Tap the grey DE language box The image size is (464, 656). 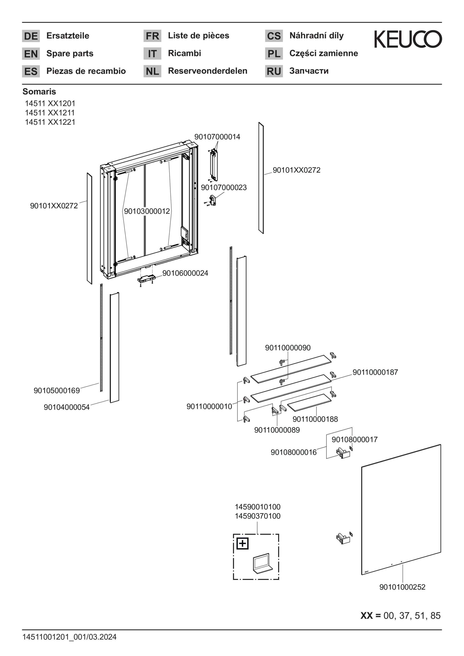click(31, 36)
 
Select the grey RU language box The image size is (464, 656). click(274, 71)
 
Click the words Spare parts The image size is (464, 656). click(70, 53)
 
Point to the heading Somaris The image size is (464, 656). click(39, 92)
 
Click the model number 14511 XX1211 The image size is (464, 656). click(50, 113)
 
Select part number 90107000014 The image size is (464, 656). click(217, 137)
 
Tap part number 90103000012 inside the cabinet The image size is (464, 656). click(147, 211)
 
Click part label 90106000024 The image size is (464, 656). click(185, 273)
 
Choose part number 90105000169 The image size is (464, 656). click(57, 390)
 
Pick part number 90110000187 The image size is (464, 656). click(375, 372)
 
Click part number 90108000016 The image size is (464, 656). click(294, 452)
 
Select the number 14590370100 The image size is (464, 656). click(258, 516)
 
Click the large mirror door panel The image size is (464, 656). click(401, 510)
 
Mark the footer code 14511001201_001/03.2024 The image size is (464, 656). click(70, 637)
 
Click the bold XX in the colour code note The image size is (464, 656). click(366, 616)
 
